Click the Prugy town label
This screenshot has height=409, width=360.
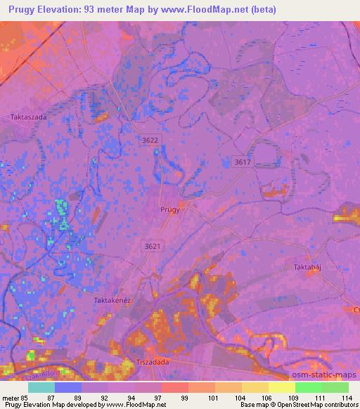(169, 209)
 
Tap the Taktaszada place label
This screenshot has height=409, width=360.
(29, 117)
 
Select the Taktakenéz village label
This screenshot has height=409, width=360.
(113, 299)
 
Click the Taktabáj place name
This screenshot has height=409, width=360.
(307, 268)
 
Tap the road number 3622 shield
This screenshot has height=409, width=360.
(150, 141)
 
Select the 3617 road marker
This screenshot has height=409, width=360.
(242, 162)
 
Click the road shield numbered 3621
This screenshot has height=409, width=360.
(152, 246)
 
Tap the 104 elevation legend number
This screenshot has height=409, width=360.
(240, 397)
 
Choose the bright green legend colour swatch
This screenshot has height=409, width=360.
(309, 387)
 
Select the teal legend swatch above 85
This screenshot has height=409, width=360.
(41, 387)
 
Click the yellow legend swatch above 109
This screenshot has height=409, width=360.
(282, 387)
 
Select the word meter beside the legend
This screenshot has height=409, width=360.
(11, 397)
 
